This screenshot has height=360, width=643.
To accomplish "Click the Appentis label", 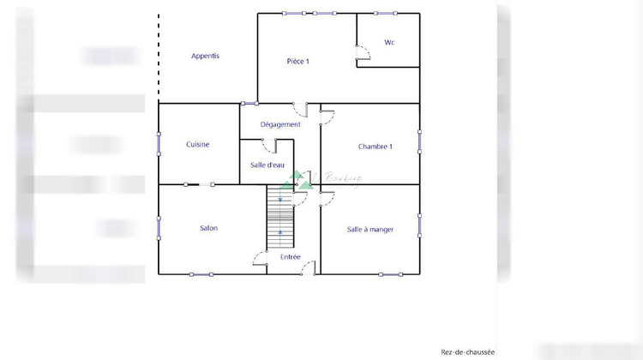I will tap(206, 56).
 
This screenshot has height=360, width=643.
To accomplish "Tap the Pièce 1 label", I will tap(297, 61).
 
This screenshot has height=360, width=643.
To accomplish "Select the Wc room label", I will tap(389, 42).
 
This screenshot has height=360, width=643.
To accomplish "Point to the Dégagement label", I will tap(280, 124).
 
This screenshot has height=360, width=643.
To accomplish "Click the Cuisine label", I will tap(198, 145).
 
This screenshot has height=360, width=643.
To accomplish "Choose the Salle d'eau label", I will tap(267, 165).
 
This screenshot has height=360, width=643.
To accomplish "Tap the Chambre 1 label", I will tap(376, 147).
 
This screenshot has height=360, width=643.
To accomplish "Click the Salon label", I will tap(208, 228).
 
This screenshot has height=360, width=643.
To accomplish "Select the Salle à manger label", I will tap(370, 230).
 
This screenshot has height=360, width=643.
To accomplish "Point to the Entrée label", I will tap(291, 256).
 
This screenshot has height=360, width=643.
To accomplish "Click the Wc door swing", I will tap(363, 54).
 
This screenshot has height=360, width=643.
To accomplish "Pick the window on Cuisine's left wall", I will tap(159, 144).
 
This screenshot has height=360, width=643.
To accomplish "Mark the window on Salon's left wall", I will tap(159, 228).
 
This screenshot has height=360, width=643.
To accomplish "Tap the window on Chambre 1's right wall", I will tap(420, 143).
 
